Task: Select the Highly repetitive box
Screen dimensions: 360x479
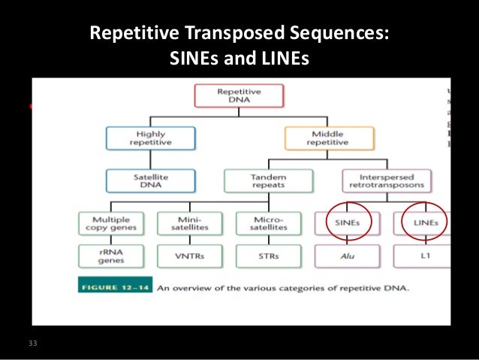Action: click(x=150, y=138)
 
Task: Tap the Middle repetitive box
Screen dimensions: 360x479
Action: click(x=327, y=138)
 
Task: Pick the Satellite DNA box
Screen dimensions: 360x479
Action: click(x=150, y=180)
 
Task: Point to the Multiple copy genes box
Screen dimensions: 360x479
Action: click(x=110, y=222)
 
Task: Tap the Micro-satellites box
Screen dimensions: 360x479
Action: click(x=269, y=222)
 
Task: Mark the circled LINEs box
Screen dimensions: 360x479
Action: click(x=421, y=222)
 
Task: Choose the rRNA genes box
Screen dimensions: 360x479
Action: click(x=110, y=256)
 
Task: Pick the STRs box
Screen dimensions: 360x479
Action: click(x=269, y=256)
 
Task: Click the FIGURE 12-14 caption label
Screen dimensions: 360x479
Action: click(x=117, y=287)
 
